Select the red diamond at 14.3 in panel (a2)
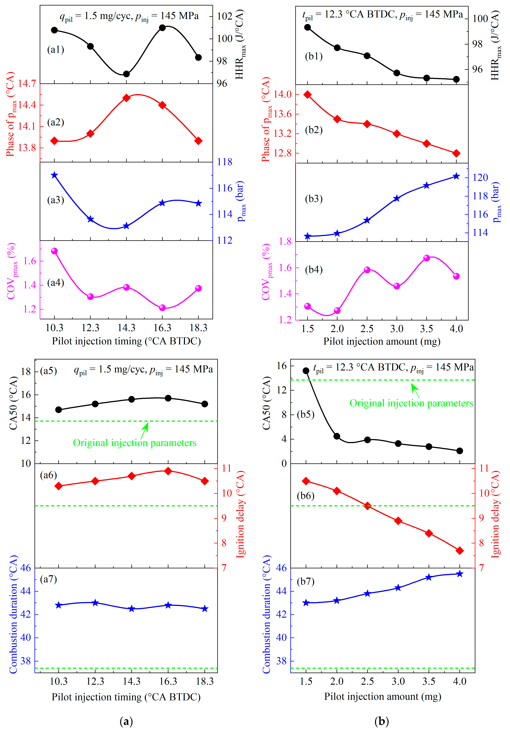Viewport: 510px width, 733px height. (126, 98)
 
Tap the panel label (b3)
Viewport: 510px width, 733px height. (314, 199)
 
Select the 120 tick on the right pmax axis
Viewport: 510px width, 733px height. (480, 177)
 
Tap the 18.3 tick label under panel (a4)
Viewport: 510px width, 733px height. (199, 328)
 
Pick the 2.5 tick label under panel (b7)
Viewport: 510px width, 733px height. (367, 681)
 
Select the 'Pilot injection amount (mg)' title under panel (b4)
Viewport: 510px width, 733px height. (382, 341)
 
